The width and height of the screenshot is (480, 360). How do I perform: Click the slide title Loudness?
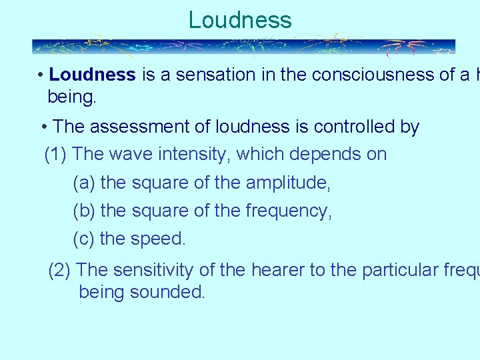[x=240, y=20]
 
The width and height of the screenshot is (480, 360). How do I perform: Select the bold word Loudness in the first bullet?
[x=92, y=75]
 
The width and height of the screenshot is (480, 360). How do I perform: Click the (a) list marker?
[x=84, y=183]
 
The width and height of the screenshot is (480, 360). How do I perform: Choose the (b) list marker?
[x=84, y=211]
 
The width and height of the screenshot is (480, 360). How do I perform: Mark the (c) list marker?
[x=84, y=239]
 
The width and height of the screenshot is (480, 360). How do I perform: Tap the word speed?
[x=160, y=239]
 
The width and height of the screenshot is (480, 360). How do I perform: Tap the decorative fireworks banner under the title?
[x=243, y=47]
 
